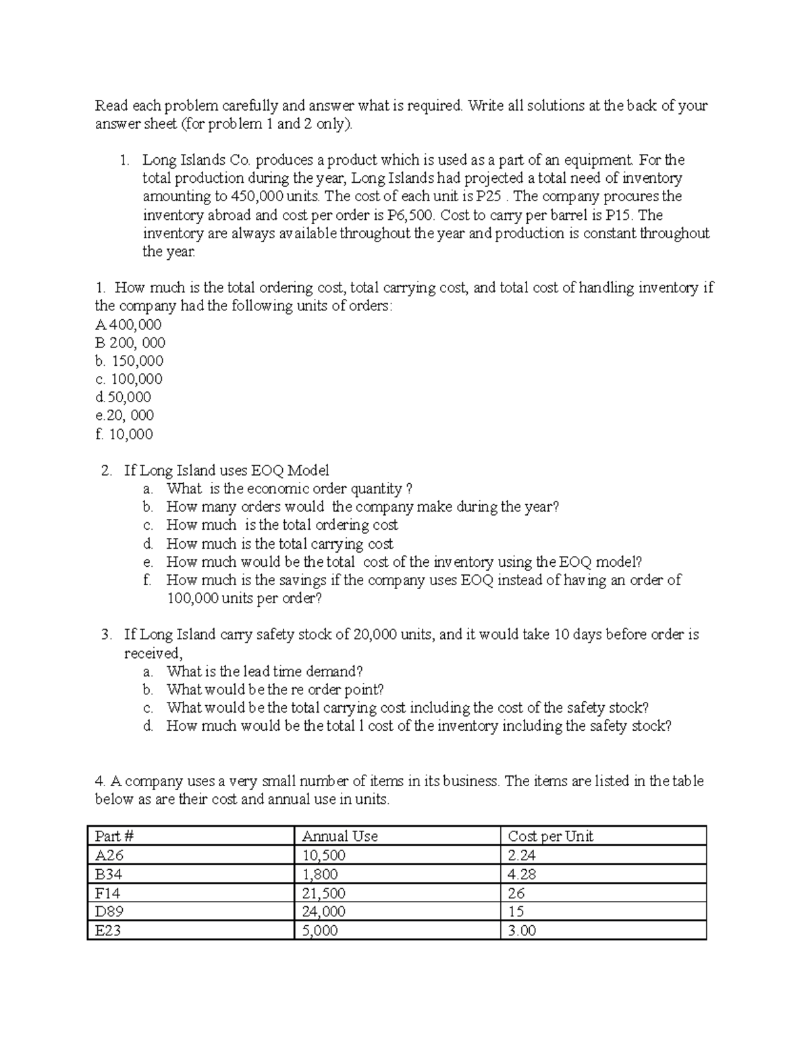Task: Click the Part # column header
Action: (x=115, y=836)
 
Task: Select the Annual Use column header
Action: (x=340, y=836)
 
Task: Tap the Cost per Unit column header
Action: (x=550, y=836)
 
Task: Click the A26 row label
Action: (x=109, y=855)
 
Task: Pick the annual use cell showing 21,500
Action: (x=323, y=893)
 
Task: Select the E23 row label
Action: (x=109, y=931)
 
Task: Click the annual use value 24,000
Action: (x=323, y=912)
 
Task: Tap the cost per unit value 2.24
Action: (x=521, y=855)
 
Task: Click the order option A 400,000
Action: (x=129, y=325)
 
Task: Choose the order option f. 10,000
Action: (x=124, y=434)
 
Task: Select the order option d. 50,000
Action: (x=124, y=397)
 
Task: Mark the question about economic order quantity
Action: (x=289, y=489)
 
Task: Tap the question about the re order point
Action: (x=275, y=690)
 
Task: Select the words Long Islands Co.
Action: (x=196, y=160)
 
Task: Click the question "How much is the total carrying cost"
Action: (x=279, y=544)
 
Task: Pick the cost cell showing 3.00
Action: (x=522, y=931)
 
